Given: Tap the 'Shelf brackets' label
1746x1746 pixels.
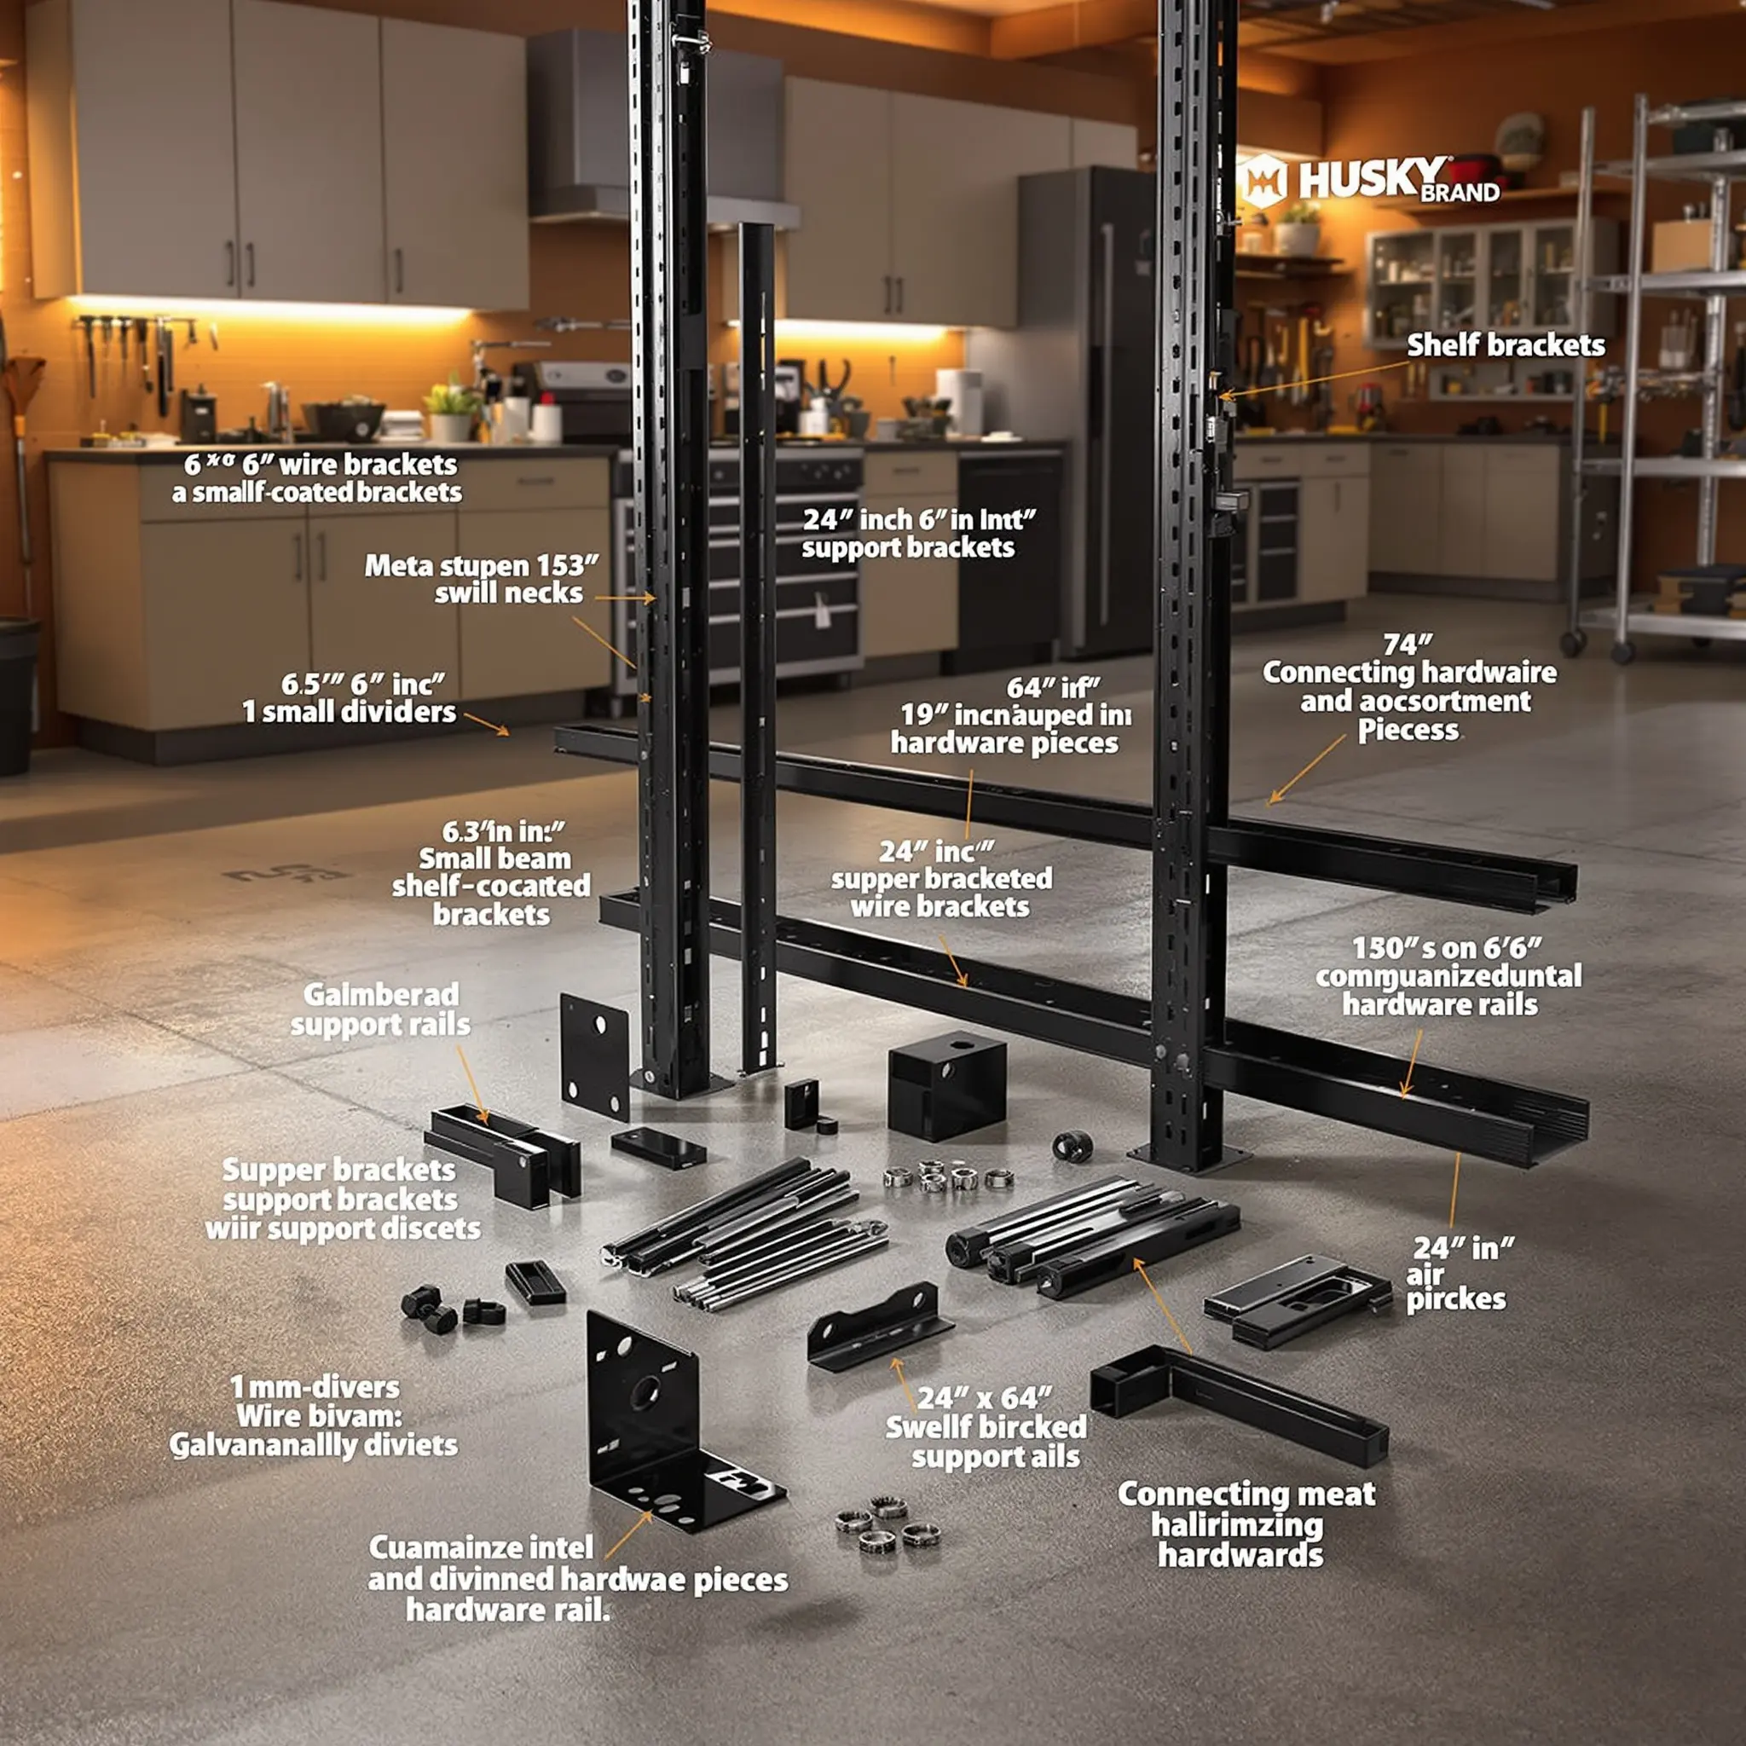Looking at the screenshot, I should tap(1506, 345).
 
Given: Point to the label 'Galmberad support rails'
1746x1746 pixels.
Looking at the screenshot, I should tap(380, 1009).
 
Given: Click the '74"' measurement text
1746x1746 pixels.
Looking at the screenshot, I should tap(1408, 645).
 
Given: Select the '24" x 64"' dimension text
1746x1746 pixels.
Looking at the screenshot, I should tap(984, 1398).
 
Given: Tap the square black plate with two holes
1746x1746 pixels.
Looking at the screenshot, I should tap(595, 1055).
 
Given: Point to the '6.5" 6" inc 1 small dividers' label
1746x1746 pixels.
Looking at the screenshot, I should tap(350, 697).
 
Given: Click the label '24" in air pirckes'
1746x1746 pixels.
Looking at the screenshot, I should tap(1457, 1274).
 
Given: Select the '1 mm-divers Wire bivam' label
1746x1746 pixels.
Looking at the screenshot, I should tap(315, 1402).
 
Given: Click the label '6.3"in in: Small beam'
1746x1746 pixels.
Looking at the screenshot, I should tap(494, 845).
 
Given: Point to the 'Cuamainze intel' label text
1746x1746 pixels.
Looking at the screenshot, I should tap(481, 1547).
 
